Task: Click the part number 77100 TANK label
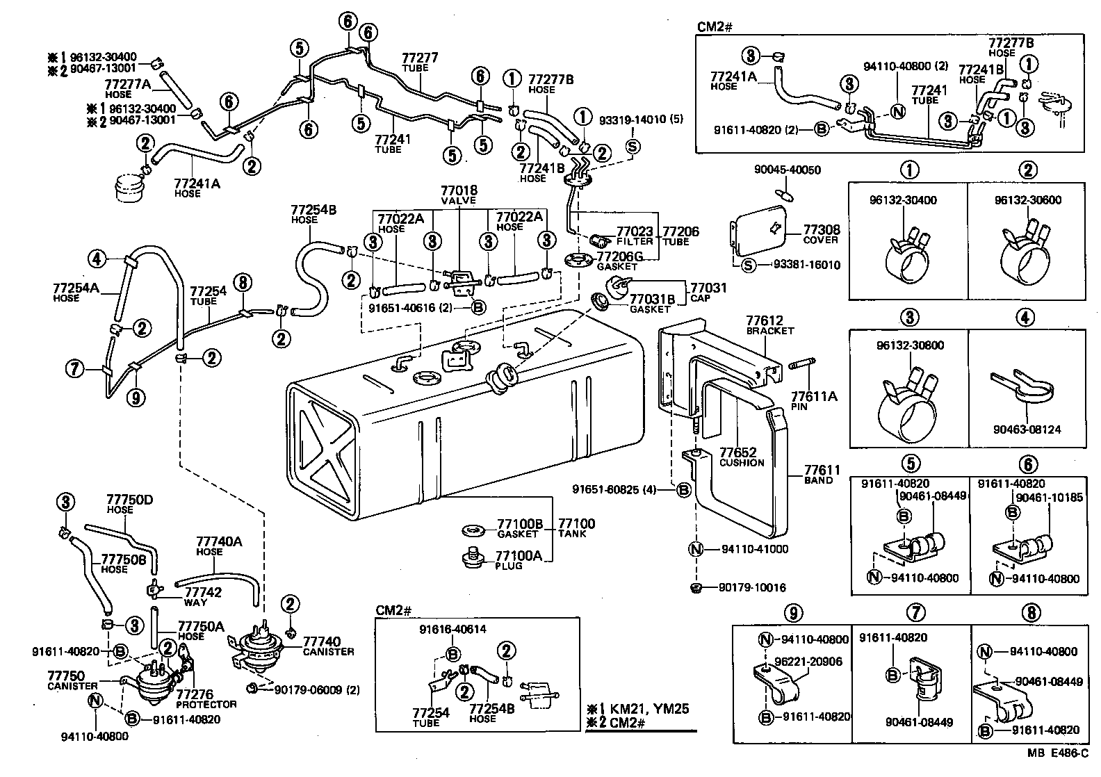[576, 527]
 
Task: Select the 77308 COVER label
[821, 234]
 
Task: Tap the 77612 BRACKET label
[769, 325]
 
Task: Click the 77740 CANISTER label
[328, 646]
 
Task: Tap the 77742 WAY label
[203, 596]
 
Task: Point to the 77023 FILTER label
[635, 236]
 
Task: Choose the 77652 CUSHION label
[742, 457]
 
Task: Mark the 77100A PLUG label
[518, 559]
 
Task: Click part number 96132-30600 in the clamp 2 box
[1027, 200]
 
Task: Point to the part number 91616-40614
[452, 630]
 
